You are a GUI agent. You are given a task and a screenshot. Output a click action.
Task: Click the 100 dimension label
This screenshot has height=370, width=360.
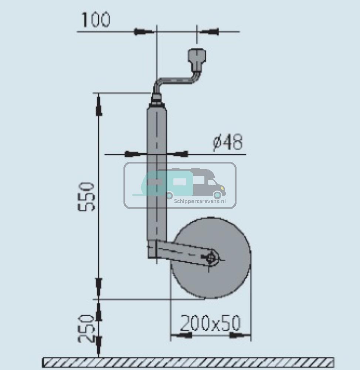coord(96,20)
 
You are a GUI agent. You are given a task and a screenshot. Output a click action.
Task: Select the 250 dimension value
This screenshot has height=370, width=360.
coord(86,329)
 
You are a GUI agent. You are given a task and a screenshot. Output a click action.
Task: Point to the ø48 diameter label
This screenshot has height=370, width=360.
coord(228,142)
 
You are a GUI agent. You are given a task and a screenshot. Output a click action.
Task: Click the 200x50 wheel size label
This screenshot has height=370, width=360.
coord(210,323)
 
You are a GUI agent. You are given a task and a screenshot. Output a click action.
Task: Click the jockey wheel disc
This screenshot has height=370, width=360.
coord(210,258)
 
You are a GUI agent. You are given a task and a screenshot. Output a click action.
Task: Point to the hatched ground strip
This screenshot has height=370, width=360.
coord(188,362)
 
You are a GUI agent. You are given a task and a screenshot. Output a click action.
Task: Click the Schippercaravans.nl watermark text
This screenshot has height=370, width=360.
coord(200,201)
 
